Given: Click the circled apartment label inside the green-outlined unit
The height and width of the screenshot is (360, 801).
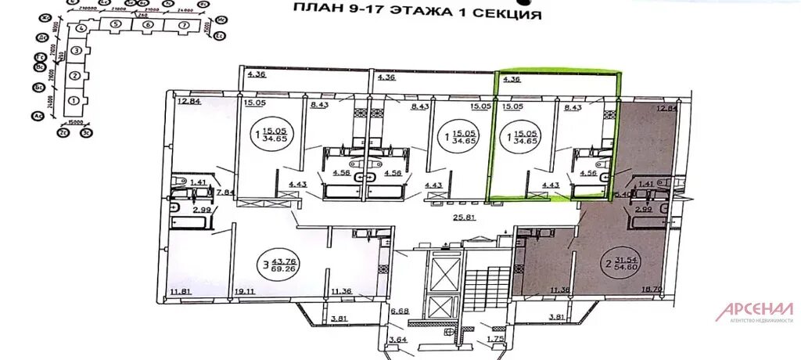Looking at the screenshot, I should [x=520, y=135].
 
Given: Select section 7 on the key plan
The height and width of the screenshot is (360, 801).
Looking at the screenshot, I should [x=184, y=25].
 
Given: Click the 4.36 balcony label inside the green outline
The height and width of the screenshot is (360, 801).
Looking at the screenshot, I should [x=512, y=79].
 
